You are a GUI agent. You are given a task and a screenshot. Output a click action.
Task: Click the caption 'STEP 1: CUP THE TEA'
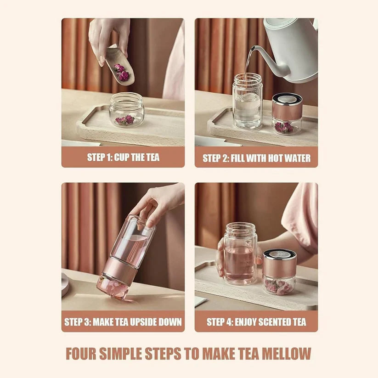[123, 158]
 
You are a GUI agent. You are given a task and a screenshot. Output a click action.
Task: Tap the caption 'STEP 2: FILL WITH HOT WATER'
[256, 158]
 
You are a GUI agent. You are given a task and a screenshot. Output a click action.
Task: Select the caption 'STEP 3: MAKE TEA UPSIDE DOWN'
[123, 322]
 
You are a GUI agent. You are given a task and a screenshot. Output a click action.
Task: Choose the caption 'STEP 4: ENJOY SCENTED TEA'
[256, 322]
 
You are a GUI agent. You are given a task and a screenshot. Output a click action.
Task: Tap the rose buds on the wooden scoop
[122, 73]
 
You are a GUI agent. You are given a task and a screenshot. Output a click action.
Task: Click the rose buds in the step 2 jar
[284, 127]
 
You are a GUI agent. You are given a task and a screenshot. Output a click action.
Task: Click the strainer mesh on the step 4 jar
[279, 254]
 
